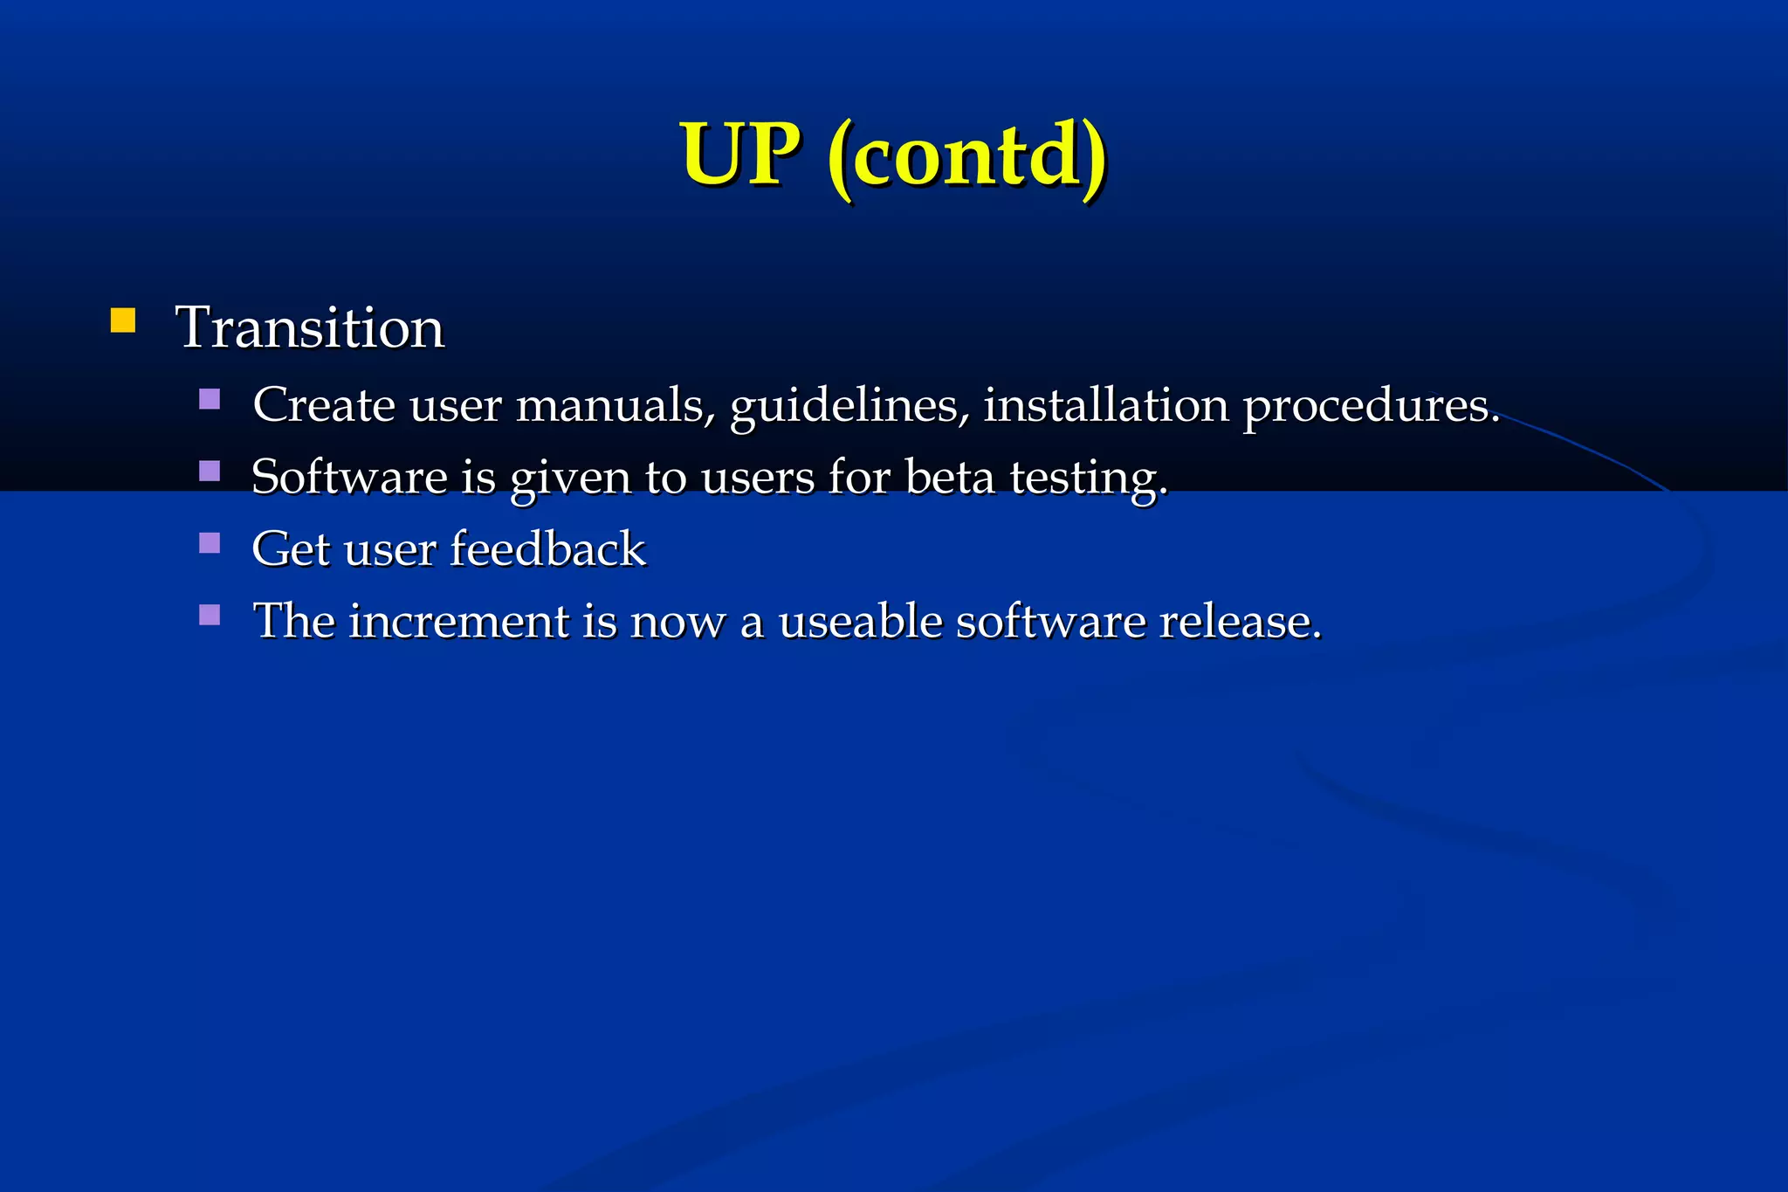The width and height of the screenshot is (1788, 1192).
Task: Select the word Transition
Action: [310, 327]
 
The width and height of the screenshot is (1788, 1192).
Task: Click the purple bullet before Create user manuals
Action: [210, 399]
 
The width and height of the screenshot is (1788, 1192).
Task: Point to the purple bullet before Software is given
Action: [210, 472]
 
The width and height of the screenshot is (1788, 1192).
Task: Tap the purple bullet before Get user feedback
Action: [210, 543]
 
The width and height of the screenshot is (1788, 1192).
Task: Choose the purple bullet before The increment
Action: [210, 616]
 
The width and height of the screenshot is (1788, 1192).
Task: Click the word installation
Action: [1106, 405]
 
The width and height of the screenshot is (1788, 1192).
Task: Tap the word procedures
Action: [1371, 407]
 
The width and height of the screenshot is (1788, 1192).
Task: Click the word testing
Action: [1088, 479]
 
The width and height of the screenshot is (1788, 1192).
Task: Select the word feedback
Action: [548, 548]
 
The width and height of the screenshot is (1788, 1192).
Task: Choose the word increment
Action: [459, 621]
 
